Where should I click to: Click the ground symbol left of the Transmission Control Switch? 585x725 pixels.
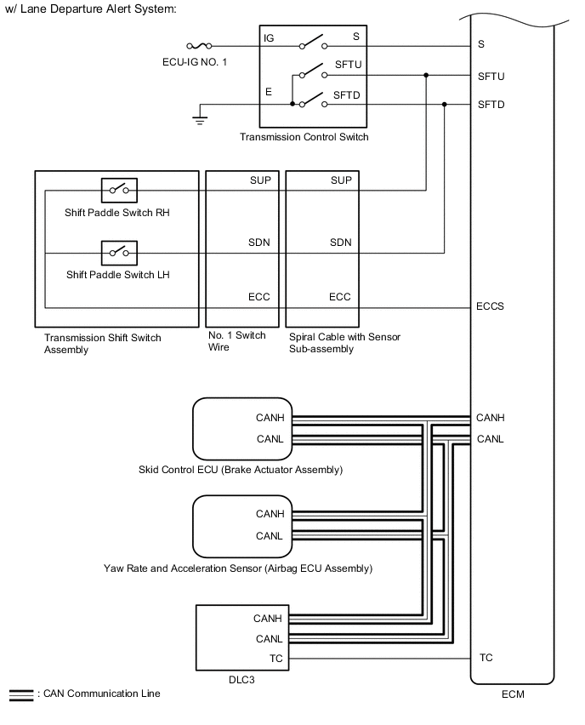pyautogui.click(x=201, y=120)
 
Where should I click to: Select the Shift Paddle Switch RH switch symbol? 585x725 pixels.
pyautogui.click(x=119, y=189)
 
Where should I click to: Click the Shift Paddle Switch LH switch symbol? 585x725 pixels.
pyautogui.click(x=119, y=252)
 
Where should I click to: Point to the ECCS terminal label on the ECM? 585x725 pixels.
pyautogui.click(x=491, y=306)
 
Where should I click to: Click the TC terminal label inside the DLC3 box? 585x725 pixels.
pyautogui.click(x=276, y=658)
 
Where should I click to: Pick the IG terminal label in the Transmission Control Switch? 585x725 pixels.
pyautogui.click(x=270, y=38)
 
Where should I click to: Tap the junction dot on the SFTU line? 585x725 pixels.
pyautogui.click(x=426, y=76)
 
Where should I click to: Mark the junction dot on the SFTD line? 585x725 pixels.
pyautogui.click(x=445, y=105)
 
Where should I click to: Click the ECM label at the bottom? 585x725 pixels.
pyautogui.click(x=513, y=695)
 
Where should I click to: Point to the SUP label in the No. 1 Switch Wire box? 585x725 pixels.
pyautogui.click(x=259, y=180)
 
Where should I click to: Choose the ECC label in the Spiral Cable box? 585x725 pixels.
pyautogui.click(x=340, y=297)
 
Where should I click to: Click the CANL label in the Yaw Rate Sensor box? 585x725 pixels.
pyautogui.click(x=270, y=536)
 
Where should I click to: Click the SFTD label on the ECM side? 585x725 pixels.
pyautogui.click(x=491, y=105)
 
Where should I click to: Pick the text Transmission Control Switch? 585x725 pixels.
pyautogui.click(x=304, y=137)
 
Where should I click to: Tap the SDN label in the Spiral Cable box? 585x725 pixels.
pyautogui.click(x=340, y=243)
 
